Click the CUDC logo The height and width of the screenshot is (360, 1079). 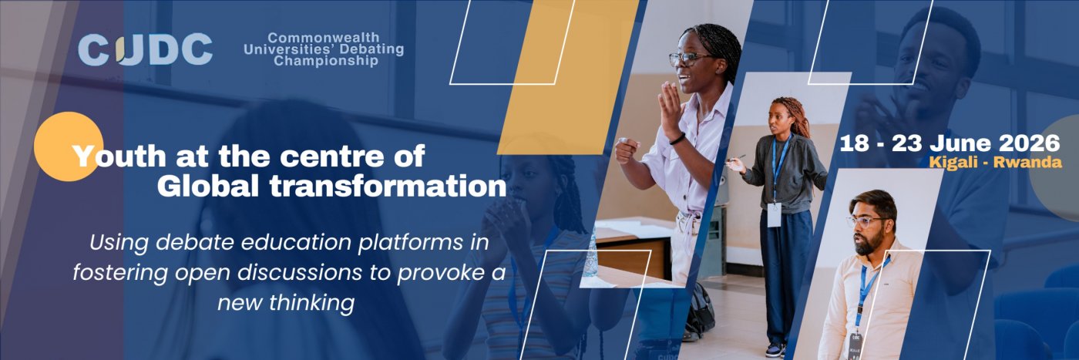pyautogui.click(x=145, y=49)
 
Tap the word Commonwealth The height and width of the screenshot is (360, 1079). pyautogui.click(x=323, y=38)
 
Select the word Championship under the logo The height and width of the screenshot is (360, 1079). pyautogui.click(x=325, y=61)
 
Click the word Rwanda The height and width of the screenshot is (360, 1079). pyautogui.click(x=1027, y=163)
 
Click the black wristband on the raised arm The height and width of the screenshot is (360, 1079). pyautogui.click(x=677, y=140)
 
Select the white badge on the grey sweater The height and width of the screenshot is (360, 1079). pyautogui.click(x=774, y=215)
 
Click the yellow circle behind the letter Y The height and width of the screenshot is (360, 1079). pyautogui.click(x=69, y=146)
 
